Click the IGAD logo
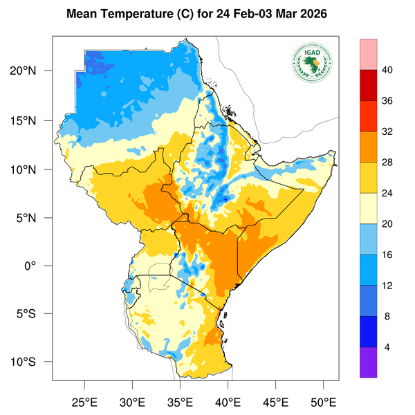[x=312, y=63]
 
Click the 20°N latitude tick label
[x=32, y=71]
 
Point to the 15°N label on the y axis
[x=32, y=120]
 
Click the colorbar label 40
[x=388, y=70]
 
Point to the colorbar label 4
[x=388, y=347]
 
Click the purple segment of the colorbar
[x=369, y=362]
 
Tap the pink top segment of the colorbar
[x=369, y=54]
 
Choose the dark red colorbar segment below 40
[x=369, y=85]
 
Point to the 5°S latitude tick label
[x=32, y=314]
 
